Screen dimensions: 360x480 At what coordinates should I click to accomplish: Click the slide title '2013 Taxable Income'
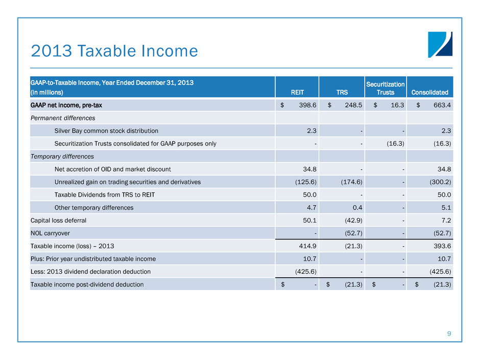[114, 51]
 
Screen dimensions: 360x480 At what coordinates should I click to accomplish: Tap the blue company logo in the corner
[440, 45]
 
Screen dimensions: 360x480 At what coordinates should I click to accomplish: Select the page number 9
[448, 334]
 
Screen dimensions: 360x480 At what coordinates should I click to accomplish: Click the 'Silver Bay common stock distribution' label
[106, 130]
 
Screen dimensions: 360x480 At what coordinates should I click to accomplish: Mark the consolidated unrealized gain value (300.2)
[440, 182]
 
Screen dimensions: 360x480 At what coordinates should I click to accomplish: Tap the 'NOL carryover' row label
[49, 233]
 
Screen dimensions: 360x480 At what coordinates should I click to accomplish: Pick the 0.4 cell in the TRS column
[357, 207]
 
